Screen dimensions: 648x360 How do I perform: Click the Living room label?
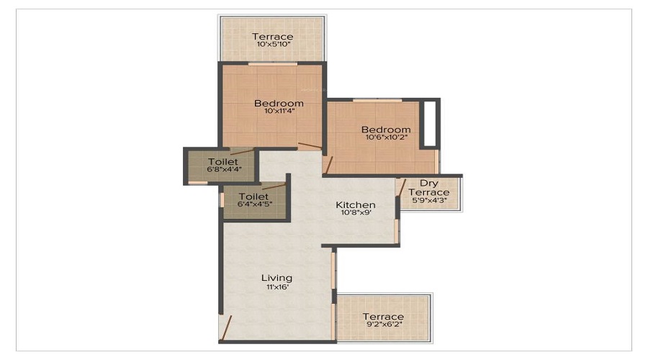[x=276, y=278]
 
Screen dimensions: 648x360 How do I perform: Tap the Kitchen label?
[x=356, y=205]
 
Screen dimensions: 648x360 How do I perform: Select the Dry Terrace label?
[x=429, y=188]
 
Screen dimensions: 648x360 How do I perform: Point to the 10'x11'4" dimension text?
[x=279, y=111]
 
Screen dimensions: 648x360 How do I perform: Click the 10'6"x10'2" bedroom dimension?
[x=387, y=138]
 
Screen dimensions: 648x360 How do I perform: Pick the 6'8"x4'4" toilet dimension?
[x=224, y=169]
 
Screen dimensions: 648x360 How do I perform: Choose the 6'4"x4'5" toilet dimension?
[x=255, y=204]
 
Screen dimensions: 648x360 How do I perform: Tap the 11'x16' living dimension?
[x=277, y=287]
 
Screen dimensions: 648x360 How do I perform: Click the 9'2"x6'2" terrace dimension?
[x=384, y=325]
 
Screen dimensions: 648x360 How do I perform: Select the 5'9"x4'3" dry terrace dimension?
[x=429, y=200]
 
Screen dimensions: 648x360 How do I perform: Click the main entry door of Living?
[x=226, y=328]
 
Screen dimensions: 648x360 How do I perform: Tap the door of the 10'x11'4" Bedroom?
[x=310, y=145]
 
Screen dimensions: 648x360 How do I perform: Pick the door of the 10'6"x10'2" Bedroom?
[x=329, y=165]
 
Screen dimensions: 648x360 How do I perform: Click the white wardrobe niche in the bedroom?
[x=430, y=124]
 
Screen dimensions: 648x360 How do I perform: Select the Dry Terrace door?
[x=402, y=187]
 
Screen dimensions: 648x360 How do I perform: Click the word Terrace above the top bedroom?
[x=273, y=37]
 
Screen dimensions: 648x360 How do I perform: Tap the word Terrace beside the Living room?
[x=384, y=317]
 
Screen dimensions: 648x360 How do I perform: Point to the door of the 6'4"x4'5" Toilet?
[x=274, y=186]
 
